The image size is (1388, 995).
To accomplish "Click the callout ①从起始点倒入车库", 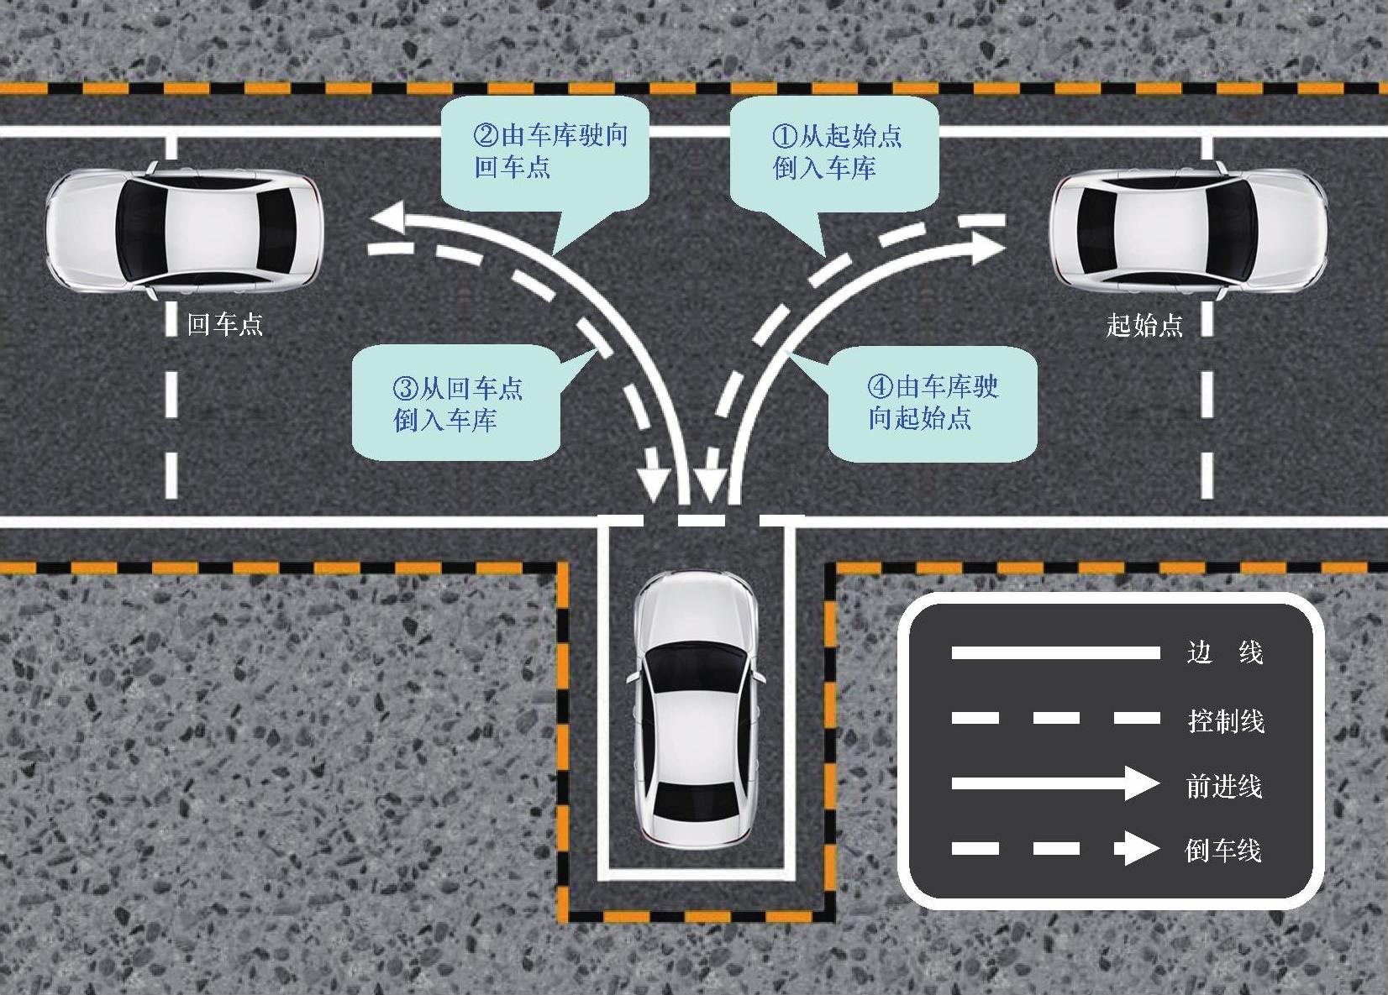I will click(833, 153).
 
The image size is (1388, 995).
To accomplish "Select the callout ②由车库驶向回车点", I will click(545, 153).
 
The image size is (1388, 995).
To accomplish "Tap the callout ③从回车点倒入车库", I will click(455, 404).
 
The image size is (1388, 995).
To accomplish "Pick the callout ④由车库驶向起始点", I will click(932, 403).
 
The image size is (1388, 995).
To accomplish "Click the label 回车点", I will click(224, 324).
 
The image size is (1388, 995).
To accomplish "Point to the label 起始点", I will click(1144, 325).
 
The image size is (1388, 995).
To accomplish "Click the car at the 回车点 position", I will click(185, 229).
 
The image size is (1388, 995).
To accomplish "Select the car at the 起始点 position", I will click(1188, 229).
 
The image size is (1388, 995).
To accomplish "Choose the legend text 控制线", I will click(1226, 720).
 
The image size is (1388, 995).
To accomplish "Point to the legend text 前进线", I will click(1224, 786).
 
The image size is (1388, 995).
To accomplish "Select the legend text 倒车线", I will click(1223, 851).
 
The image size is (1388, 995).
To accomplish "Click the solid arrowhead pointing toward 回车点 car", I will click(388, 220).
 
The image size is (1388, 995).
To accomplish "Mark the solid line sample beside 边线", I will click(1055, 652).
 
